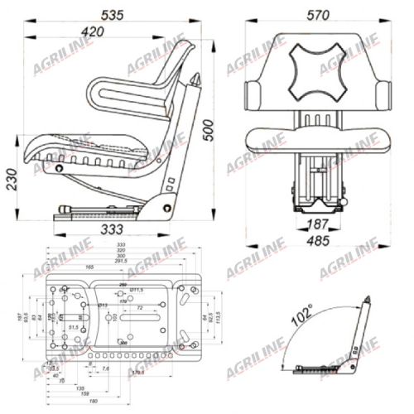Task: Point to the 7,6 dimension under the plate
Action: (105, 369)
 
